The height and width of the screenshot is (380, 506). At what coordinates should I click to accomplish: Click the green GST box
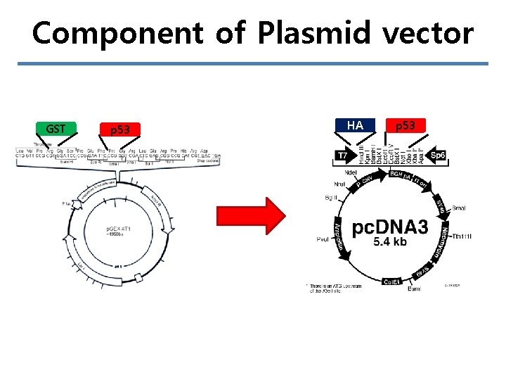pyautogui.click(x=56, y=129)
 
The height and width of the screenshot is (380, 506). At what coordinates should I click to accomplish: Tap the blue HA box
pyautogui.click(x=355, y=125)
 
